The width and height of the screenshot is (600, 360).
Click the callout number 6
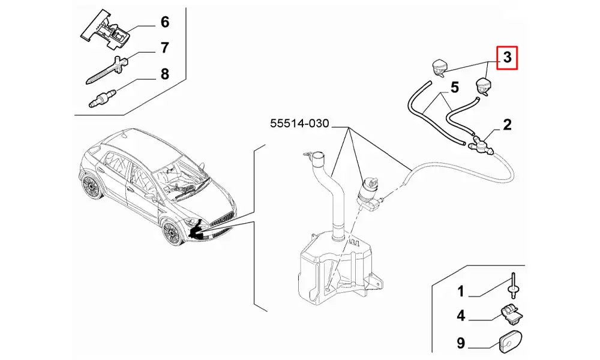coord(164,22)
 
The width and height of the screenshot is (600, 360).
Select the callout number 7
coord(164,48)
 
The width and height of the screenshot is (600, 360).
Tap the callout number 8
coord(164,74)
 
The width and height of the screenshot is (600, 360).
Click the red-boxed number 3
coord(507,58)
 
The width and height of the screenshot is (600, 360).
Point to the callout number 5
coord(454,88)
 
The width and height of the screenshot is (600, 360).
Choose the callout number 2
coord(507,125)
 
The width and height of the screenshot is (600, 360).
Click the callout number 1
coord(461,292)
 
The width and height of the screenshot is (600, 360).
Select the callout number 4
coord(461,315)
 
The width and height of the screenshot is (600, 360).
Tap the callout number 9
coord(461,344)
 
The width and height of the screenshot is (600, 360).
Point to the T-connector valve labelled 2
coord(480,144)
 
